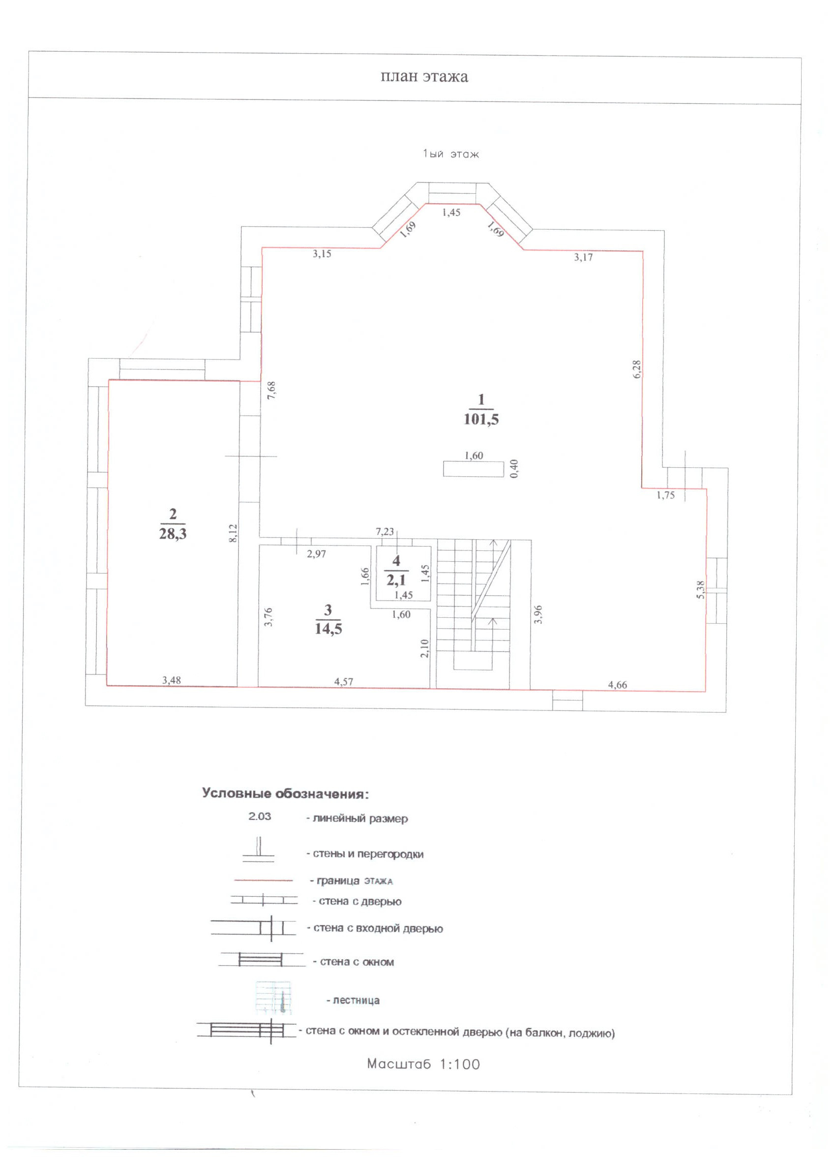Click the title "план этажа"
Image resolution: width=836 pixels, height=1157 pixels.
424,77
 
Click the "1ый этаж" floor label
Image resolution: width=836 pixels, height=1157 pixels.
451,154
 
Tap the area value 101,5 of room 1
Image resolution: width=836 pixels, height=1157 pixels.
481,419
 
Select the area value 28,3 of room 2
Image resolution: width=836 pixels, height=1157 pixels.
173,534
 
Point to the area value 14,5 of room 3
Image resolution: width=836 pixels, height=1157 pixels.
328,629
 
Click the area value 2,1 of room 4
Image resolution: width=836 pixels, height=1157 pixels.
396,579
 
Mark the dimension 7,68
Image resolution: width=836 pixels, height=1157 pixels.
271,390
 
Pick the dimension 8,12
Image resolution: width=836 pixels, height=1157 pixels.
233,533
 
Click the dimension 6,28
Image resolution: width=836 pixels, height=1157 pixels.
636,369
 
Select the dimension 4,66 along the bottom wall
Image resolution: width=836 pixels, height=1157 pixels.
617,685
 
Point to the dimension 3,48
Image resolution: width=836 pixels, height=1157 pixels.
172,679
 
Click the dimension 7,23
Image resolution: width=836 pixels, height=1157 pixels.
385,531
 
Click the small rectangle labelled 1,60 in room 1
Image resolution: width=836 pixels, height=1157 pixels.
473,469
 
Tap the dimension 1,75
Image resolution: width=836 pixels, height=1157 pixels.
666,495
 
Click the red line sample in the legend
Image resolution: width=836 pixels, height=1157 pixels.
263,881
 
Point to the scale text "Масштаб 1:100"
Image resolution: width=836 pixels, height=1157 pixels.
424,1064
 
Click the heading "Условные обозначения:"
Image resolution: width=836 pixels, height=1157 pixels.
285,794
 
